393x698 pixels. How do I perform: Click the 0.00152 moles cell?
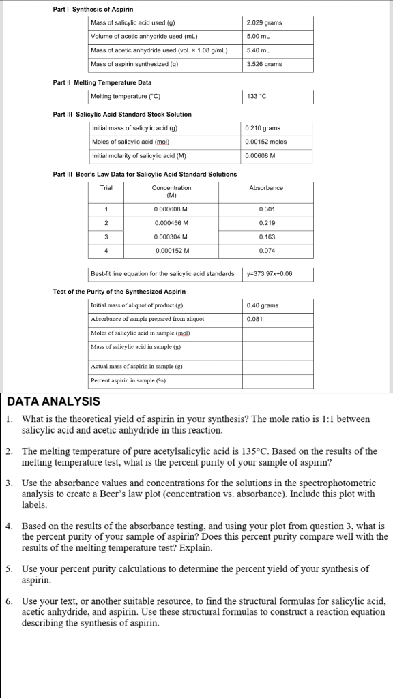[266, 142]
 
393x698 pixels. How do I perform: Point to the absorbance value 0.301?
[267, 209]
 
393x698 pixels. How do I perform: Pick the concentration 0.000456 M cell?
[171, 222]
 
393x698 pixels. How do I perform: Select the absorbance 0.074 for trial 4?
[267, 251]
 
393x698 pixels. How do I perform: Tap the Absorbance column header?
[267, 187]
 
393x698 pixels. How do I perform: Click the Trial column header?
[106, 187]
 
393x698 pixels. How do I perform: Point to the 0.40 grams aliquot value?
[262, 305]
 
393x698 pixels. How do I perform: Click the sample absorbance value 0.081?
[254, 319]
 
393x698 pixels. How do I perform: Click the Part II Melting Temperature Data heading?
[102, 82]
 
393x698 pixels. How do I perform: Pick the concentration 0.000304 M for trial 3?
[171, 237]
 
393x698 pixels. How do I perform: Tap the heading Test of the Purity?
[119, 292]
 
